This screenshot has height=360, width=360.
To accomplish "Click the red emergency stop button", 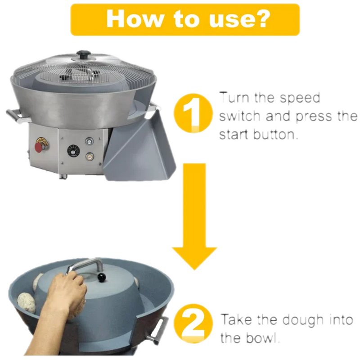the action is point(39,147).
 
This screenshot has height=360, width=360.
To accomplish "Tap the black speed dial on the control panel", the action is point(73,151).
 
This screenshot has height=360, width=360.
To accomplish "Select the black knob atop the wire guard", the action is point(84,55).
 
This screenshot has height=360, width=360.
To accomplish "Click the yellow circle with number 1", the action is point(193,113).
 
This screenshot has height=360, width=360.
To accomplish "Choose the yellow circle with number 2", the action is point(193,324).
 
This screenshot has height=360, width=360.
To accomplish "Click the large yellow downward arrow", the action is point(194,216).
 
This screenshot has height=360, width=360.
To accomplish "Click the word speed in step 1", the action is point(300,98).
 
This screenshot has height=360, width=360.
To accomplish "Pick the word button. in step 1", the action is point(275,134).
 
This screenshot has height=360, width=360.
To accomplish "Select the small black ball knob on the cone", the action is point(101,278).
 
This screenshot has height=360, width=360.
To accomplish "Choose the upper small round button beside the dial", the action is point(89,141).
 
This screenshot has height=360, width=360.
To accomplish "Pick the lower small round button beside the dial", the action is point(89,157).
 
